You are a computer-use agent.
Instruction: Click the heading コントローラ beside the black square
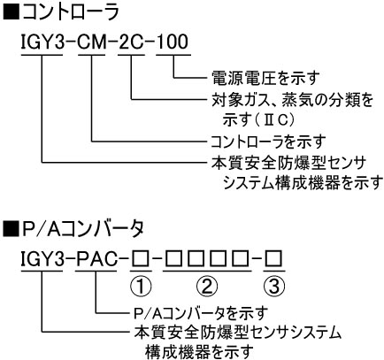click(71, 11)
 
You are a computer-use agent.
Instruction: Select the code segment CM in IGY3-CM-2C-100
click(91, 42)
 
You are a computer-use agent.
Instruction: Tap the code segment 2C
click(131, 42)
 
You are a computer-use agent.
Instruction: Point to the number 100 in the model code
click(173, 42)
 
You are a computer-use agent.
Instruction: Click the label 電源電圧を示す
click(265, 78)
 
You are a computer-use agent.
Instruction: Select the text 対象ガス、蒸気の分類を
click(292, 100)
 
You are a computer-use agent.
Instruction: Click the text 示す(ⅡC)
click(258, 120)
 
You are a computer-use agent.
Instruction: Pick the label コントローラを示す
click(268, 142)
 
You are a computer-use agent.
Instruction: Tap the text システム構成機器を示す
click(303, 183)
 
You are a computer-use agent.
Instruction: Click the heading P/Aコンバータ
click(83, 229)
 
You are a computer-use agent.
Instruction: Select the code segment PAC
click(96, 259)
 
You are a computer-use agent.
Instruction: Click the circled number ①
click(141, 286)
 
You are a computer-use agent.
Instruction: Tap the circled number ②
click(207, 286)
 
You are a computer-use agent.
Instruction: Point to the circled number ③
click(274, 286)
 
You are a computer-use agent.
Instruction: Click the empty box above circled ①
click(141, 259)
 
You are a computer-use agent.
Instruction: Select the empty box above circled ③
click(274, 259)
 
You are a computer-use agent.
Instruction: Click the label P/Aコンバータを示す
click(201, 313)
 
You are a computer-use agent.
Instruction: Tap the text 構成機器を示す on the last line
click(199, 352)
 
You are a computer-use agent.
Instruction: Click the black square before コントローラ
click(12, 12)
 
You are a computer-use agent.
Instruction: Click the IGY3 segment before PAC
click(42, 259)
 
